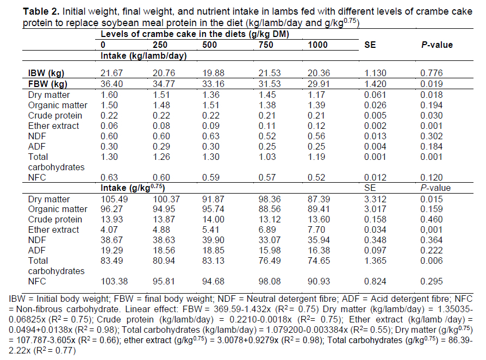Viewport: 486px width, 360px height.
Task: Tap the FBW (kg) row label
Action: [47, 84]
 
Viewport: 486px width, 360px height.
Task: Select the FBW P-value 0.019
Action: [432, 84]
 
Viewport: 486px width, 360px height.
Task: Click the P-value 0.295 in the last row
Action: [432, 282]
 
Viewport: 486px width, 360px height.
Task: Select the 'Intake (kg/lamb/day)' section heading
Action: [139, 55]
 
